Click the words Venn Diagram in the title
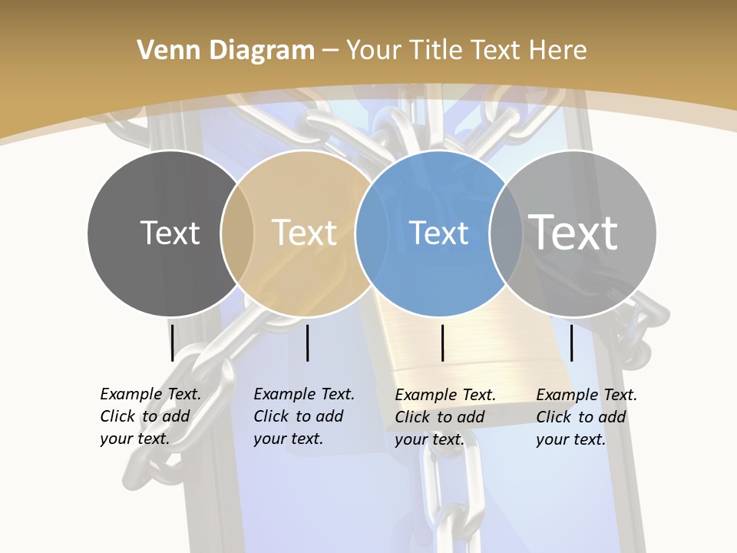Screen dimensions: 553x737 [x=225, y=51]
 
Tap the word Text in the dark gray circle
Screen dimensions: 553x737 [x=170, y=233]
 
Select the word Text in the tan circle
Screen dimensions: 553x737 [x=304, y=233]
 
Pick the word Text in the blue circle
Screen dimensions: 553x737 [x=438, y=233]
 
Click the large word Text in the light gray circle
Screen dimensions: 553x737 [x=573, y=232]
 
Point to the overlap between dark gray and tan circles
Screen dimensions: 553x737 [x=237, y=233]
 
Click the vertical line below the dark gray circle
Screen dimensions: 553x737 [x=172, y=343]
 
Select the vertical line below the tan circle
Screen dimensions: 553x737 [x=307, y=343]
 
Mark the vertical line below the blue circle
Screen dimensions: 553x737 [x=442, y=343]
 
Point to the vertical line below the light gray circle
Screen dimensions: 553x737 [x=571, y=343]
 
